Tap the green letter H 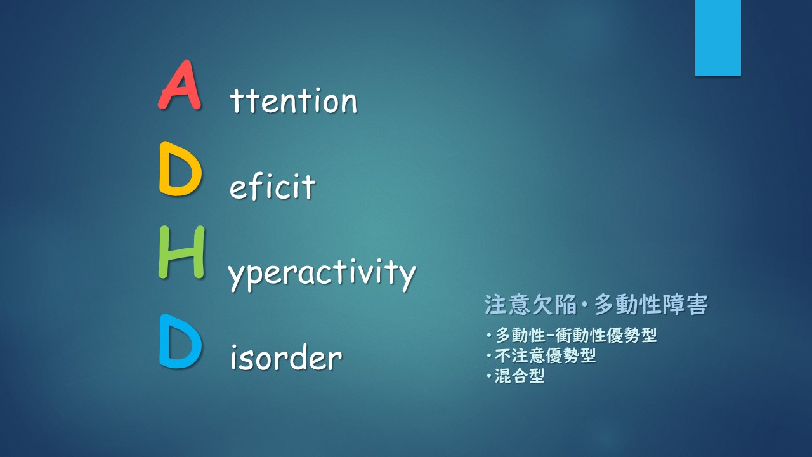pyautogui.click(x=181, y=252)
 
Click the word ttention pyautogui.click(x=294, y=100)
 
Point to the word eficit pyautogui.click(x=273, y=186)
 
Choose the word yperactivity pyautogui.click(x=322, y=275)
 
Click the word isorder pyautogui.click(x=286, y=357)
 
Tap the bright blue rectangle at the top pyautogui.click(x=717, y=37)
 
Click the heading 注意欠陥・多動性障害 pyautogui.click(x=596, y=305)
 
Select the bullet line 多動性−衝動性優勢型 pyautogui.click(x=572, y=335)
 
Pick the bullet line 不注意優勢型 pyautogui.click(x=541, y=355)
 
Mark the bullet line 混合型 pyautogui.click(x=516, y=376)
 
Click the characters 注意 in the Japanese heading pyautogui.click(x=507, y=305)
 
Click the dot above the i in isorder pyautogui.click(x=235, y=347)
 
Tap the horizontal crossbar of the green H pyautogui.click(x=181, y=253)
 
